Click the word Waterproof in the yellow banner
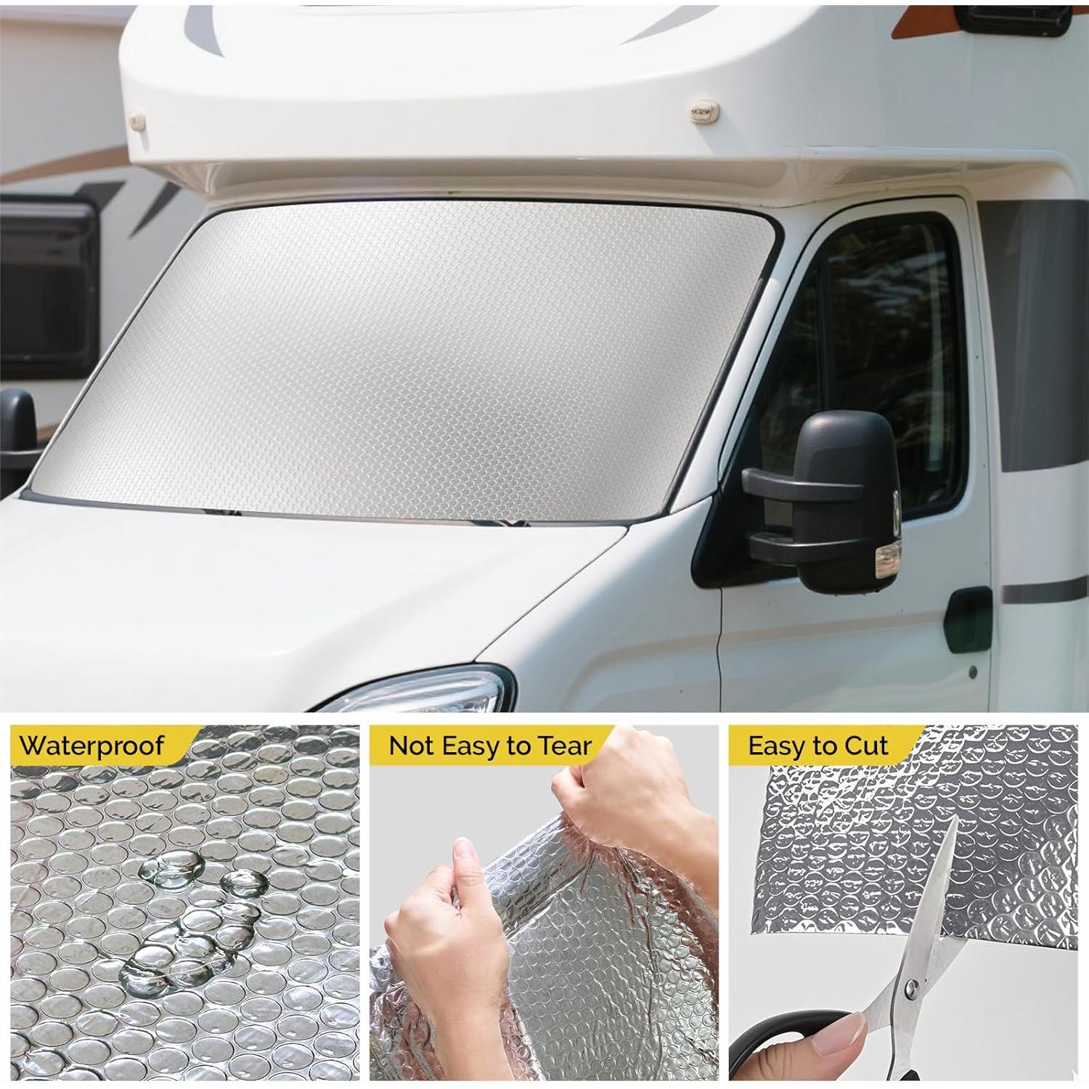(91, 746)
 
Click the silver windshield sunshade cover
(407, 363)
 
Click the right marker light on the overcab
(704, 111)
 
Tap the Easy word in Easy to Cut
(778, 746)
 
